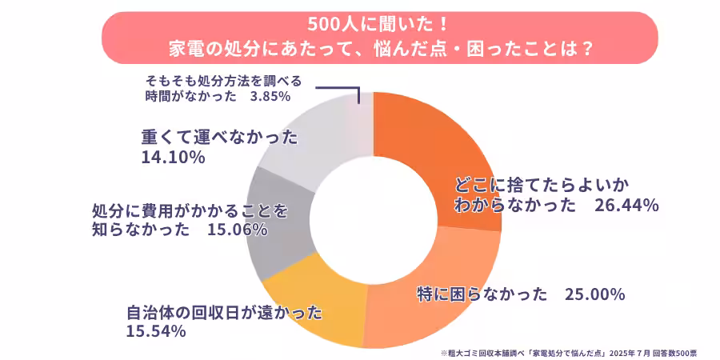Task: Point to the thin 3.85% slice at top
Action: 365,120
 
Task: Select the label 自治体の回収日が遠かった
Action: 224,311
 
